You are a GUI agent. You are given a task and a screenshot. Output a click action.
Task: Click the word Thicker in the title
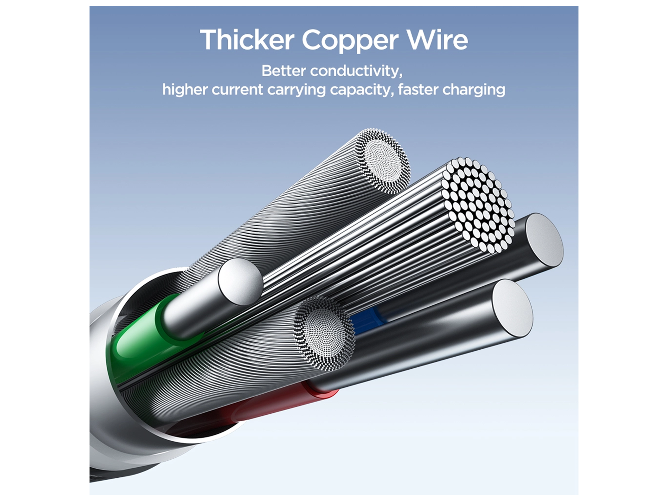click(x=247, y=40)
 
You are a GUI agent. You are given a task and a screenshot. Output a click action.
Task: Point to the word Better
click(x=284, y=71)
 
